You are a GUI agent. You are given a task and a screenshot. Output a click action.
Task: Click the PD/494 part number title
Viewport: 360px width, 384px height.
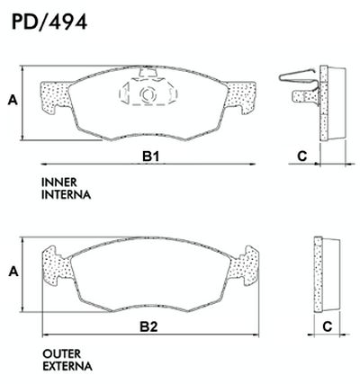point(49,22)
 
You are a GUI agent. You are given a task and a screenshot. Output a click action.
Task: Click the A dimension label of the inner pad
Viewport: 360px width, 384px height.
point(13,100)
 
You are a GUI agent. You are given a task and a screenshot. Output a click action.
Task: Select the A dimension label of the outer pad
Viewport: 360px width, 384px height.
point(13,272)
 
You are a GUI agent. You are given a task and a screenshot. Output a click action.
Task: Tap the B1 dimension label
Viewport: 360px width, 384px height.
point(150,156)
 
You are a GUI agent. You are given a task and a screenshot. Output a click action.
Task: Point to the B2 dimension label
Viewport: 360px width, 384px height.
point(148,326)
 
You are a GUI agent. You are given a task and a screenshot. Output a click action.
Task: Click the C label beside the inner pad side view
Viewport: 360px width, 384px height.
point(302,156)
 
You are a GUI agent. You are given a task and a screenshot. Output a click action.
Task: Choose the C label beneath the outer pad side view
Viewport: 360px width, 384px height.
point(328,326)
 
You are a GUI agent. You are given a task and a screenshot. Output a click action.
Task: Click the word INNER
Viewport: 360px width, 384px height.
point(59,183)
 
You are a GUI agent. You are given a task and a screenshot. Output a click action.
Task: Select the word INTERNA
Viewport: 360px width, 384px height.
point(66,195)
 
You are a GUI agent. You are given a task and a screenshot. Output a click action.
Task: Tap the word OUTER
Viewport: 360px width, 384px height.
point(62,353)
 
